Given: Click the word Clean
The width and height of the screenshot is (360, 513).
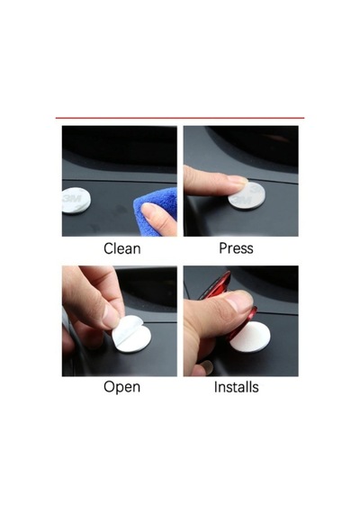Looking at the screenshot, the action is click(122, 248).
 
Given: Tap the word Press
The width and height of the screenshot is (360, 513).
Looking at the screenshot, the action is click(236, 248).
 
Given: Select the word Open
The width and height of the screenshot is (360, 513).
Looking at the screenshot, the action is click(122, 387).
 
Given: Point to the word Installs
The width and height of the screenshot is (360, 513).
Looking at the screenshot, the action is click(237, 387).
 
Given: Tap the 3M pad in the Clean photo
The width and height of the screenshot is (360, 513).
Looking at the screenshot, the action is click(76, 201).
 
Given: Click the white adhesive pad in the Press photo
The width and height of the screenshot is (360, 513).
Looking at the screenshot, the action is click(247, 195).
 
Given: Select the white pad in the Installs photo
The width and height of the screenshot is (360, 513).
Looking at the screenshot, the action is click(251, 337).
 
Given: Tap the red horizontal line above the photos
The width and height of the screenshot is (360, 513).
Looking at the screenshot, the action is click(180, 118).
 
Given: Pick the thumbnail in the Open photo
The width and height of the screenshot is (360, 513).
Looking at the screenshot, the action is click(110, 315).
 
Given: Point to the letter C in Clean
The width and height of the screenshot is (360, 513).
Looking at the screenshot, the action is click(108, 248).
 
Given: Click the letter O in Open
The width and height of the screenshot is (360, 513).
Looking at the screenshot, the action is click(109, 386).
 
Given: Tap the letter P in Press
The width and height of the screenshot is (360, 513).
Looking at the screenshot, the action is click(223, 248).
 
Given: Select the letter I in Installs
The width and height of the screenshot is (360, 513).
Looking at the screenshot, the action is click(216, 387).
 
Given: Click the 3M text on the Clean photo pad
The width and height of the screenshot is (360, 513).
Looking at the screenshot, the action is click(73, 198).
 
